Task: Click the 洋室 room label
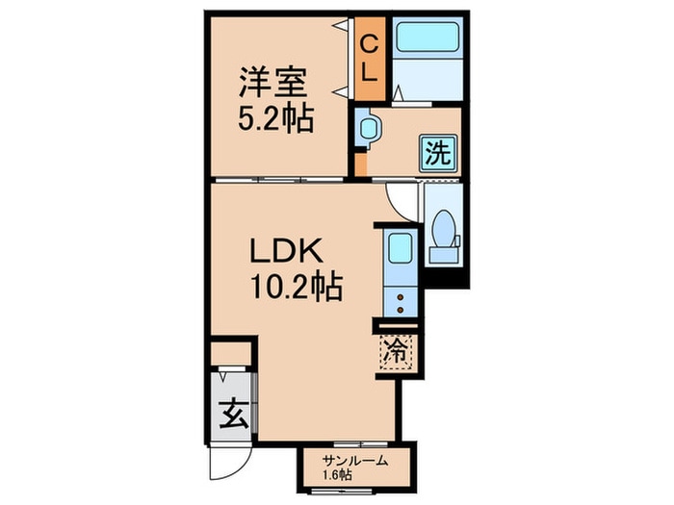273,82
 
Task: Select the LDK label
286,251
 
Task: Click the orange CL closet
370,59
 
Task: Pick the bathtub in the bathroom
426,38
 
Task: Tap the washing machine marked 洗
438,152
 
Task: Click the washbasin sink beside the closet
368,128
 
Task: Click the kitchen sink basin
401,248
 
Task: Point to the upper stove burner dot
401,297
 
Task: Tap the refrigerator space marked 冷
397,352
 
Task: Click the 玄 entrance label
233,413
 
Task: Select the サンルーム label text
356,461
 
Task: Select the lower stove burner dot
401,309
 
